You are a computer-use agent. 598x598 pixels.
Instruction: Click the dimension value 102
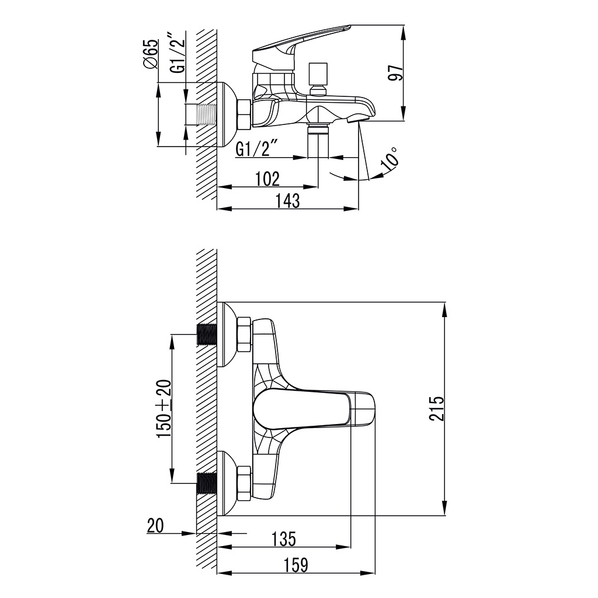[x=267, y=179]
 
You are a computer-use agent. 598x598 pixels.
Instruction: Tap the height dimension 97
[x=396, y=73]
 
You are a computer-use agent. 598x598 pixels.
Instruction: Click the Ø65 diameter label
[x=150, y=55]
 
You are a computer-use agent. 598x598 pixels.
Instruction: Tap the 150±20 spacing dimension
[x=164, y=409]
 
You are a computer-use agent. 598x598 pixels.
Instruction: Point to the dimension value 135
[x=283, y=539]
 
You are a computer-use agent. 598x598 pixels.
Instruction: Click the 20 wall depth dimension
[x=155, y=526]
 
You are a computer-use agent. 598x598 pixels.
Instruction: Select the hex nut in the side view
[x=244, y=114]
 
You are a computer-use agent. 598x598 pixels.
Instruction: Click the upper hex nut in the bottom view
[x=244, y=335]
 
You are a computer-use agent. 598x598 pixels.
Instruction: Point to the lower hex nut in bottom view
[x=244, y=483]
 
